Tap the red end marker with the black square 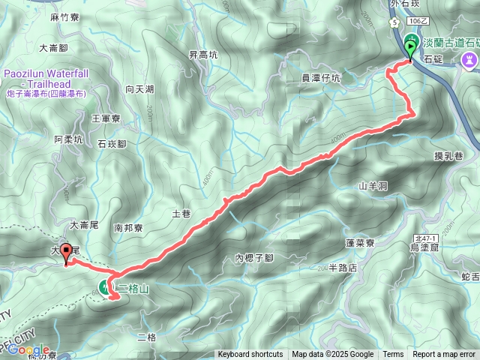pos(66,253)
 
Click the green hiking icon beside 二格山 pos(103,286)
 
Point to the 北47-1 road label pos(421,237)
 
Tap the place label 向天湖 pos(139,89)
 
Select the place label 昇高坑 pos(202,55)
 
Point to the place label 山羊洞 pos(372,185)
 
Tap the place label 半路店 pos(342,268)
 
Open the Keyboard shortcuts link pos(250,355)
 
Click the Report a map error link pos(443,355)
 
